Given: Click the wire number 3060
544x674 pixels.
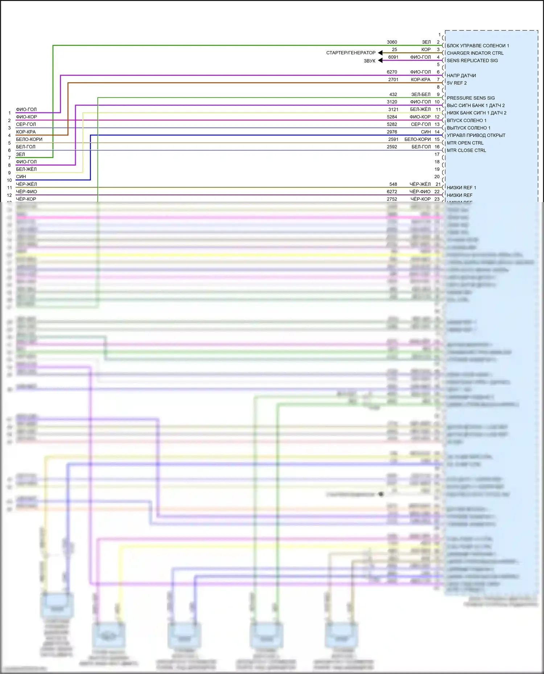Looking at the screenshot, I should (392, 42).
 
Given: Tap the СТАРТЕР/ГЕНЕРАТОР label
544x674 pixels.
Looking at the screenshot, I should (351, 53).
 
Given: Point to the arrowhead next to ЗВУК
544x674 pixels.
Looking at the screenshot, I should (380, 60).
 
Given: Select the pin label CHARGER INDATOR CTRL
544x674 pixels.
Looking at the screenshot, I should (475, 53).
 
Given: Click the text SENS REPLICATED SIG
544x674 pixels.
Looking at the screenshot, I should (472, 60).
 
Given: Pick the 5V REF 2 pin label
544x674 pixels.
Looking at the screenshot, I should (457, 83).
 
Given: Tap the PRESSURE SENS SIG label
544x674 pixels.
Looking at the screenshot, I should (471, 98).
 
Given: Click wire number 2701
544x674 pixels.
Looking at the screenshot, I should (393, 80).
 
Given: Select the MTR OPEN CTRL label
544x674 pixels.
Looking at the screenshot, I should (465, 143).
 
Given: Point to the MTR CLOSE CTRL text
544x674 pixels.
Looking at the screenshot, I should (466, 150).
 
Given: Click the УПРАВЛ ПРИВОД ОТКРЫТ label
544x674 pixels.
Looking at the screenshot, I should (476, 135).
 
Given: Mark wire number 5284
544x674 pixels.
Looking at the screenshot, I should (392, 117).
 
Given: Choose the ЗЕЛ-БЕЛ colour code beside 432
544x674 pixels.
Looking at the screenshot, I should (421, 95).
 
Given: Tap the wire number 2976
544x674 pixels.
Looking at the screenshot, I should (392, 132).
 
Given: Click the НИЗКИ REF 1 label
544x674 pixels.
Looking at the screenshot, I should (461, 188).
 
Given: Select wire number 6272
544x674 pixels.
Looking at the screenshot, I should (392, 192).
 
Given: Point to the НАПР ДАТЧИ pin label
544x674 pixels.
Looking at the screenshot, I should (461, 76).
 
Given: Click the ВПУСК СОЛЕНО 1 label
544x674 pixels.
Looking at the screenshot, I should (466, 121).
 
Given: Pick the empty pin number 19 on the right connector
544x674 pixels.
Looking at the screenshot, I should (437, 169).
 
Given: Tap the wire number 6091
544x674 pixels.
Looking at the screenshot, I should (393, 57).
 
